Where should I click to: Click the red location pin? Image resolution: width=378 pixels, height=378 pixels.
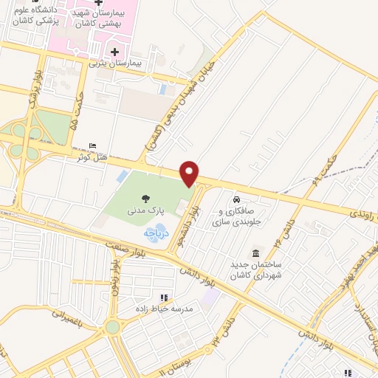pos(190,173)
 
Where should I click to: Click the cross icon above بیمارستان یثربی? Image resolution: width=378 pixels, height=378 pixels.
pos(114,52)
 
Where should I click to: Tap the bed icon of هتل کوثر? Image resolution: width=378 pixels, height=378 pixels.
pos(92,145)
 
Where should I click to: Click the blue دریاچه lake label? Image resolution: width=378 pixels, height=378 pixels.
pos(157,232)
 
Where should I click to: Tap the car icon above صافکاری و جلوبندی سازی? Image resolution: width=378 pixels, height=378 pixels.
pos(236,200)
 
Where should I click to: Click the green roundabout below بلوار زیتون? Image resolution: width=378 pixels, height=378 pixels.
pos(112,326)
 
